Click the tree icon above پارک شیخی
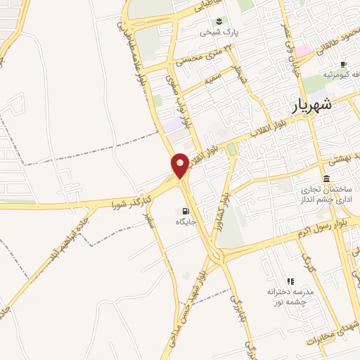219,20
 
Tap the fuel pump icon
186,211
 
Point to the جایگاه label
184,222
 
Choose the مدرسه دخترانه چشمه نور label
290,295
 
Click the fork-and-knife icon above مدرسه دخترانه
290,281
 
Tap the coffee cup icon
343,64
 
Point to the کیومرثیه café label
337,75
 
